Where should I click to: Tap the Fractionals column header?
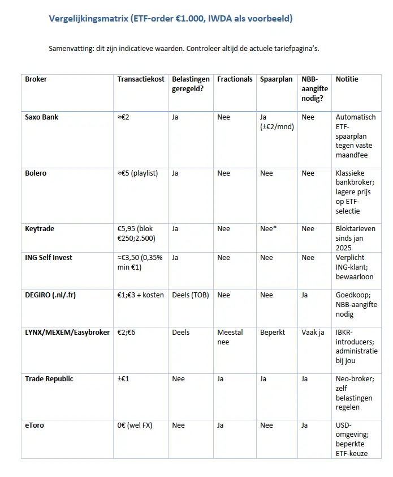point(235,79)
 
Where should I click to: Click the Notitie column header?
point(347,79)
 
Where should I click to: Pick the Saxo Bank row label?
point(42,117)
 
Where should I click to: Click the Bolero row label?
point(36,173)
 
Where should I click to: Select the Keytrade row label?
point(39,229)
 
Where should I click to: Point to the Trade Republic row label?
point(49,379)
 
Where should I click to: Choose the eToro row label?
point(34,425)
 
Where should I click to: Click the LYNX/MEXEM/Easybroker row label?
point(67,333)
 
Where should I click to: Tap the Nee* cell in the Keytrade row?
point(268,229)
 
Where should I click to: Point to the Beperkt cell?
point(274,333)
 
